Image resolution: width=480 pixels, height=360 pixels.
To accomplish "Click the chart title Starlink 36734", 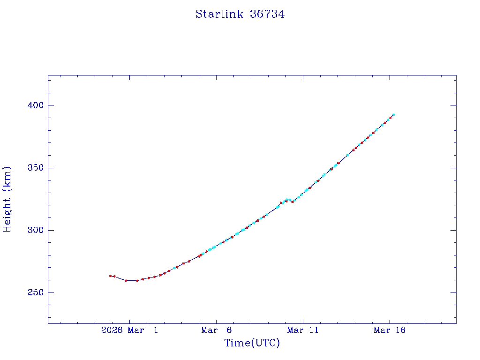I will click(x=240, y=14).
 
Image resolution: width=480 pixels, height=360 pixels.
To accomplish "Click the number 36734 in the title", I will click(x=267, y=14).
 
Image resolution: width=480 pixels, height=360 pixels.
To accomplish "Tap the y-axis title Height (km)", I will click(x=7, y=199).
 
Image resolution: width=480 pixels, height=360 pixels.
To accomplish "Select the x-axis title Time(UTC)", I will click(x=252, y=343).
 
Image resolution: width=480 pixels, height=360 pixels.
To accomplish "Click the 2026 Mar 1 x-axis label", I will click(x=129, y=330).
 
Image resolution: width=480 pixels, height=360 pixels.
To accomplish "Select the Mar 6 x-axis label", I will click(x=216, y=330).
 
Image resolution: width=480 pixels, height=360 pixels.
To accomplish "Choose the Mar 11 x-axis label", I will click(x=303, y=330).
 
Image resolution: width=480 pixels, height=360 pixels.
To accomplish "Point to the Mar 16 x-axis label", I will click(x=390, y=330).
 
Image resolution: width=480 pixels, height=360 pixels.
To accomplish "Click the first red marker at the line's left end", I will click(x=110, y=276).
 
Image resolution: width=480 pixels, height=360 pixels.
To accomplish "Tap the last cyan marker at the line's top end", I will click(x=393, y=114).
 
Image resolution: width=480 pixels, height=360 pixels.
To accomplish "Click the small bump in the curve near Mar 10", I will click(x=288, y=200).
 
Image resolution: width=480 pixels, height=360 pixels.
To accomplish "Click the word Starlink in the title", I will click(x=219, y=14).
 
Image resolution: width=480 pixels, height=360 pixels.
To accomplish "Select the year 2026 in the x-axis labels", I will click(x=112, y=330).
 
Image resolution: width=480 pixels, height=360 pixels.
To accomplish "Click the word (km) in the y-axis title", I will click(x=7, y=177).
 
